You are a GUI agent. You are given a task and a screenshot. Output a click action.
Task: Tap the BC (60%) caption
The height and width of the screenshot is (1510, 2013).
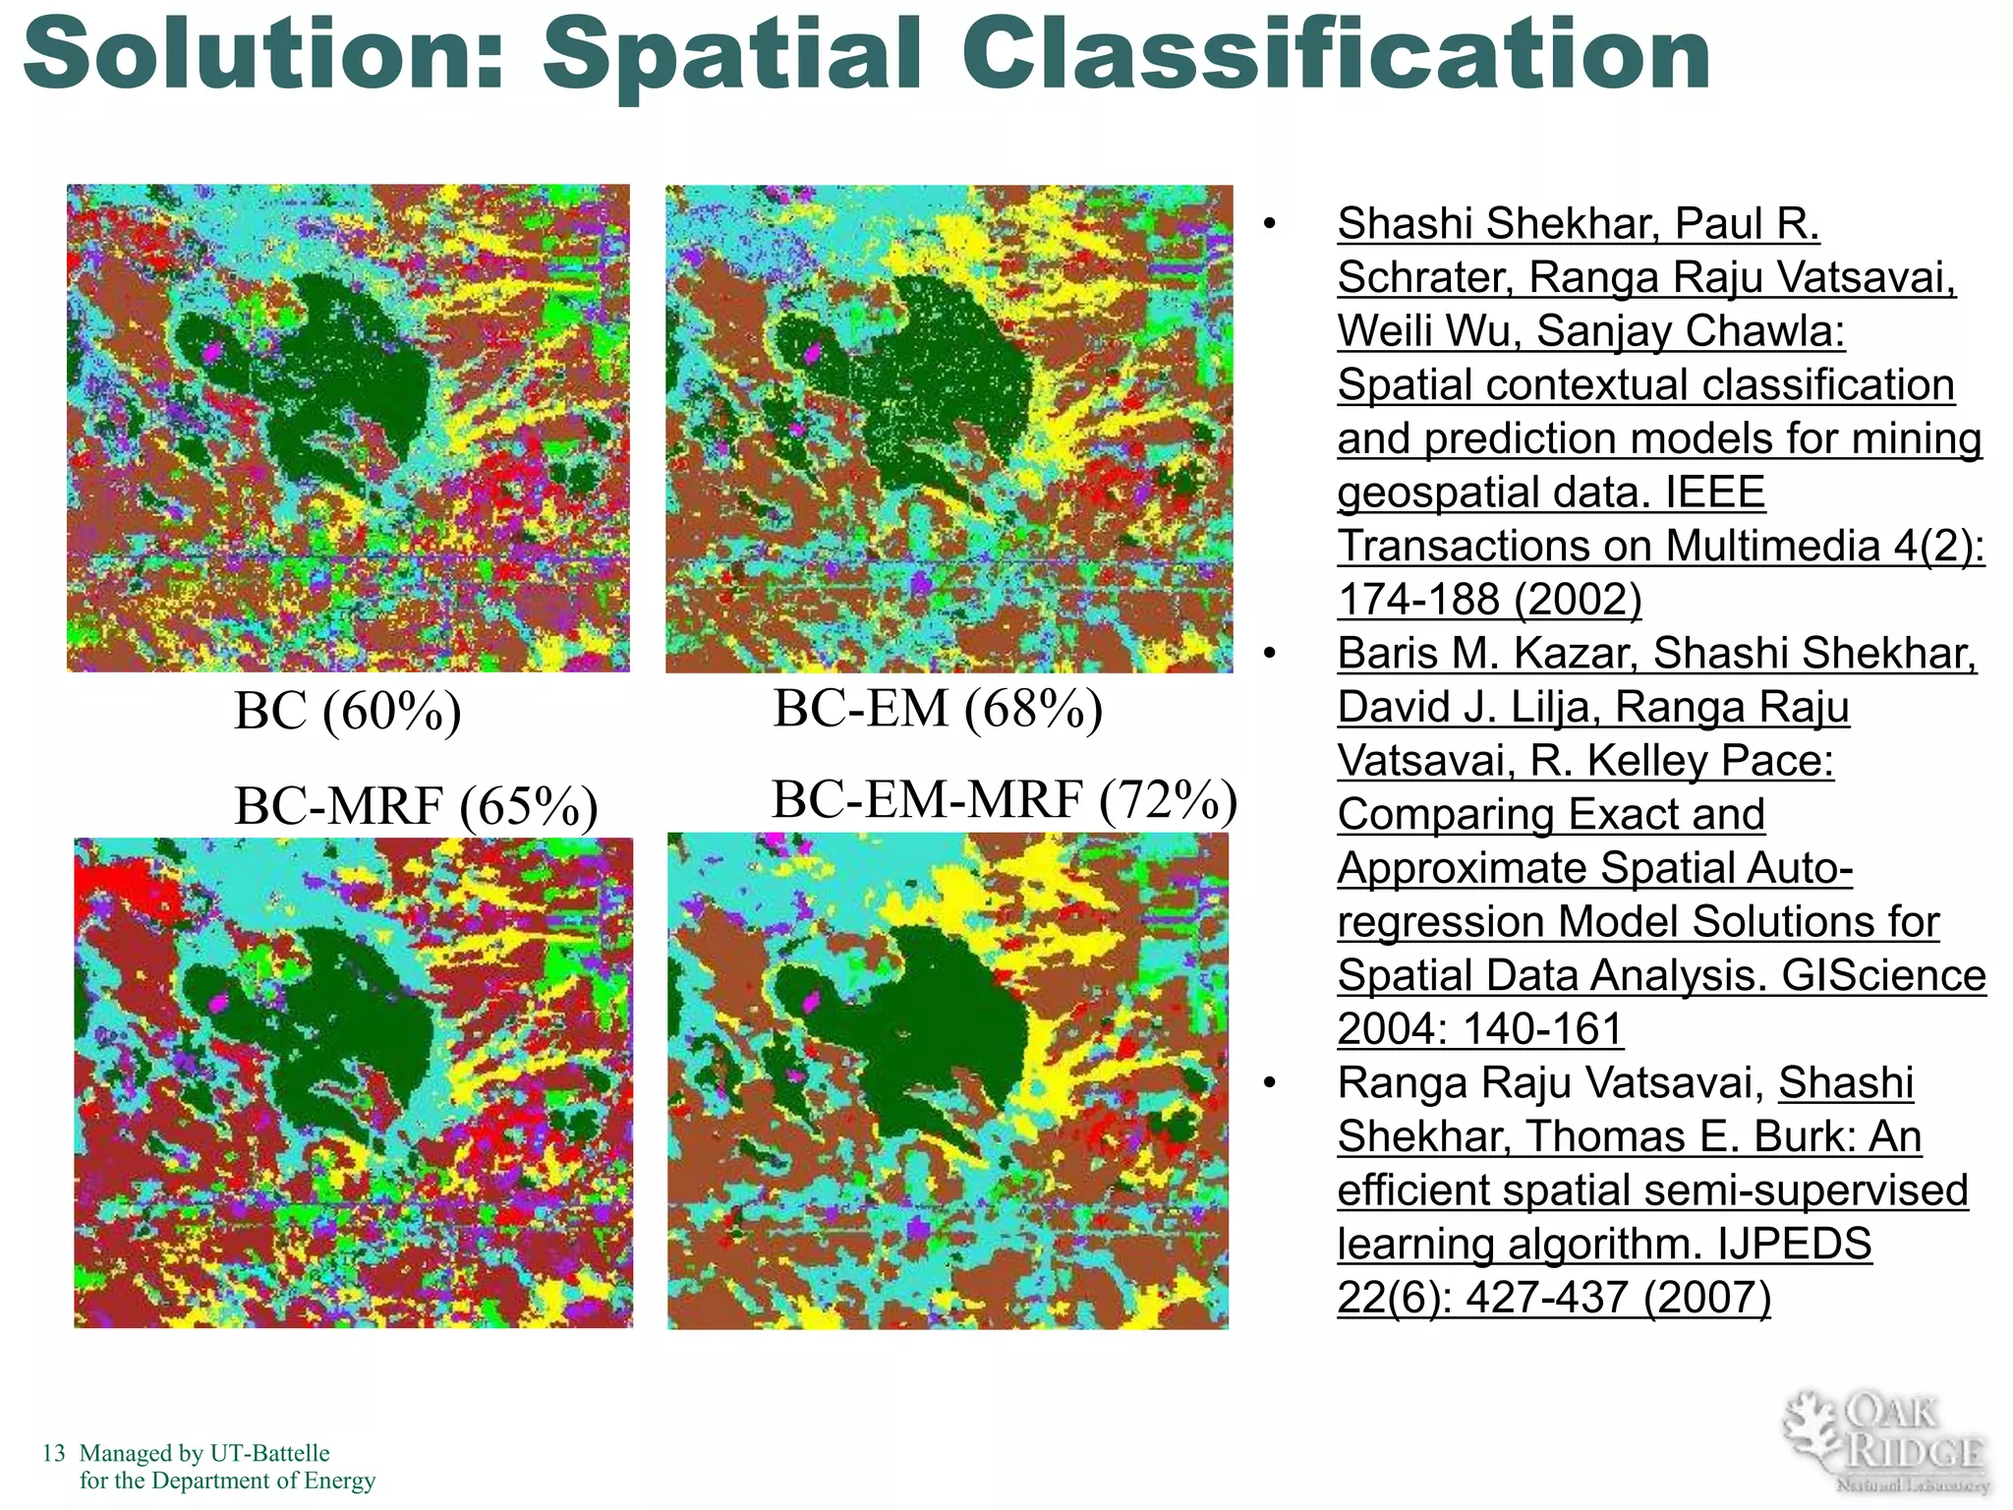pyautogui.click(x=347, y=711)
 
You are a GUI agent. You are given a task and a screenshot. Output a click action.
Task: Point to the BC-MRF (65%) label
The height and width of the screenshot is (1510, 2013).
pyautogui.click(x=416, y=806)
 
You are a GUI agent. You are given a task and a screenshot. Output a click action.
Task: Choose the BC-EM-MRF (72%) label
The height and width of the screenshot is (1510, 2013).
pyautogui.click(x=1004, y=799)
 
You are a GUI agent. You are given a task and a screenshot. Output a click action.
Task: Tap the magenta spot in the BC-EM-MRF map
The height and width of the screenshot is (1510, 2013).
pyautogui.click(x=812, y=1002)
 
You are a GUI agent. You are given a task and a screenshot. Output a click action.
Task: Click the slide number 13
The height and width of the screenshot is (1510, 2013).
pyautogui.click(x=53, y=1453)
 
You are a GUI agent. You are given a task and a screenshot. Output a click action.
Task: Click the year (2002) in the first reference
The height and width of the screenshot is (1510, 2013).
pyautogui.click(x=1578, y=599)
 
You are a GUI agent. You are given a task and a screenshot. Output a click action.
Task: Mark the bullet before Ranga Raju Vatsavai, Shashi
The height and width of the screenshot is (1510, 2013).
pyautogui.click(x=1270, y=1083)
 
